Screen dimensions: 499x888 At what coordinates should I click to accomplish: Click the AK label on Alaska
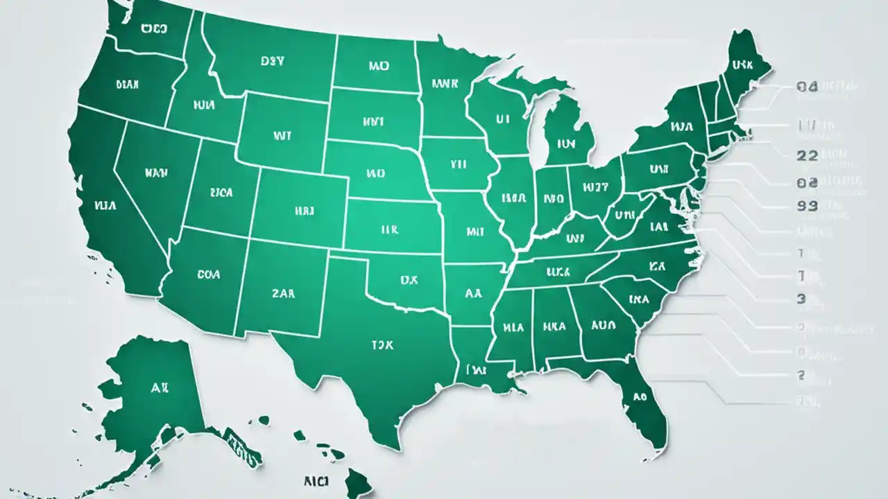(160, 388)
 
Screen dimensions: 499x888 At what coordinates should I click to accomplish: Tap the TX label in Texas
(382, 344)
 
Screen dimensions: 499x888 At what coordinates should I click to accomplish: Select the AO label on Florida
(638, 398)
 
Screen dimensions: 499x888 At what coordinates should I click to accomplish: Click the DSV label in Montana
(273, 61)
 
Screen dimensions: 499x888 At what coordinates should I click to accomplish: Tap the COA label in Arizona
(208, 274)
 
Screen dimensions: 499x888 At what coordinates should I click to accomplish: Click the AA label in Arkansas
(473, 293)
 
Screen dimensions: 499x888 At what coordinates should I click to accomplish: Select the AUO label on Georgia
(603, 324)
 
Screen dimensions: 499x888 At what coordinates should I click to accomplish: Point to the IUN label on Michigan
(567, 145)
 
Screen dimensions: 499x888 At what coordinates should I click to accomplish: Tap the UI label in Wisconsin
(503, 119)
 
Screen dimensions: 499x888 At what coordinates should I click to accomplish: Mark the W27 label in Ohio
(595, 186)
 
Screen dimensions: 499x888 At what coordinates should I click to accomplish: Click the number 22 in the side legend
(808, 156)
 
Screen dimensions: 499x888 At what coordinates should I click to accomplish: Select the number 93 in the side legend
(808, 206)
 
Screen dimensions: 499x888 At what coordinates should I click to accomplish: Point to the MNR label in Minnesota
(445, 84)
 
